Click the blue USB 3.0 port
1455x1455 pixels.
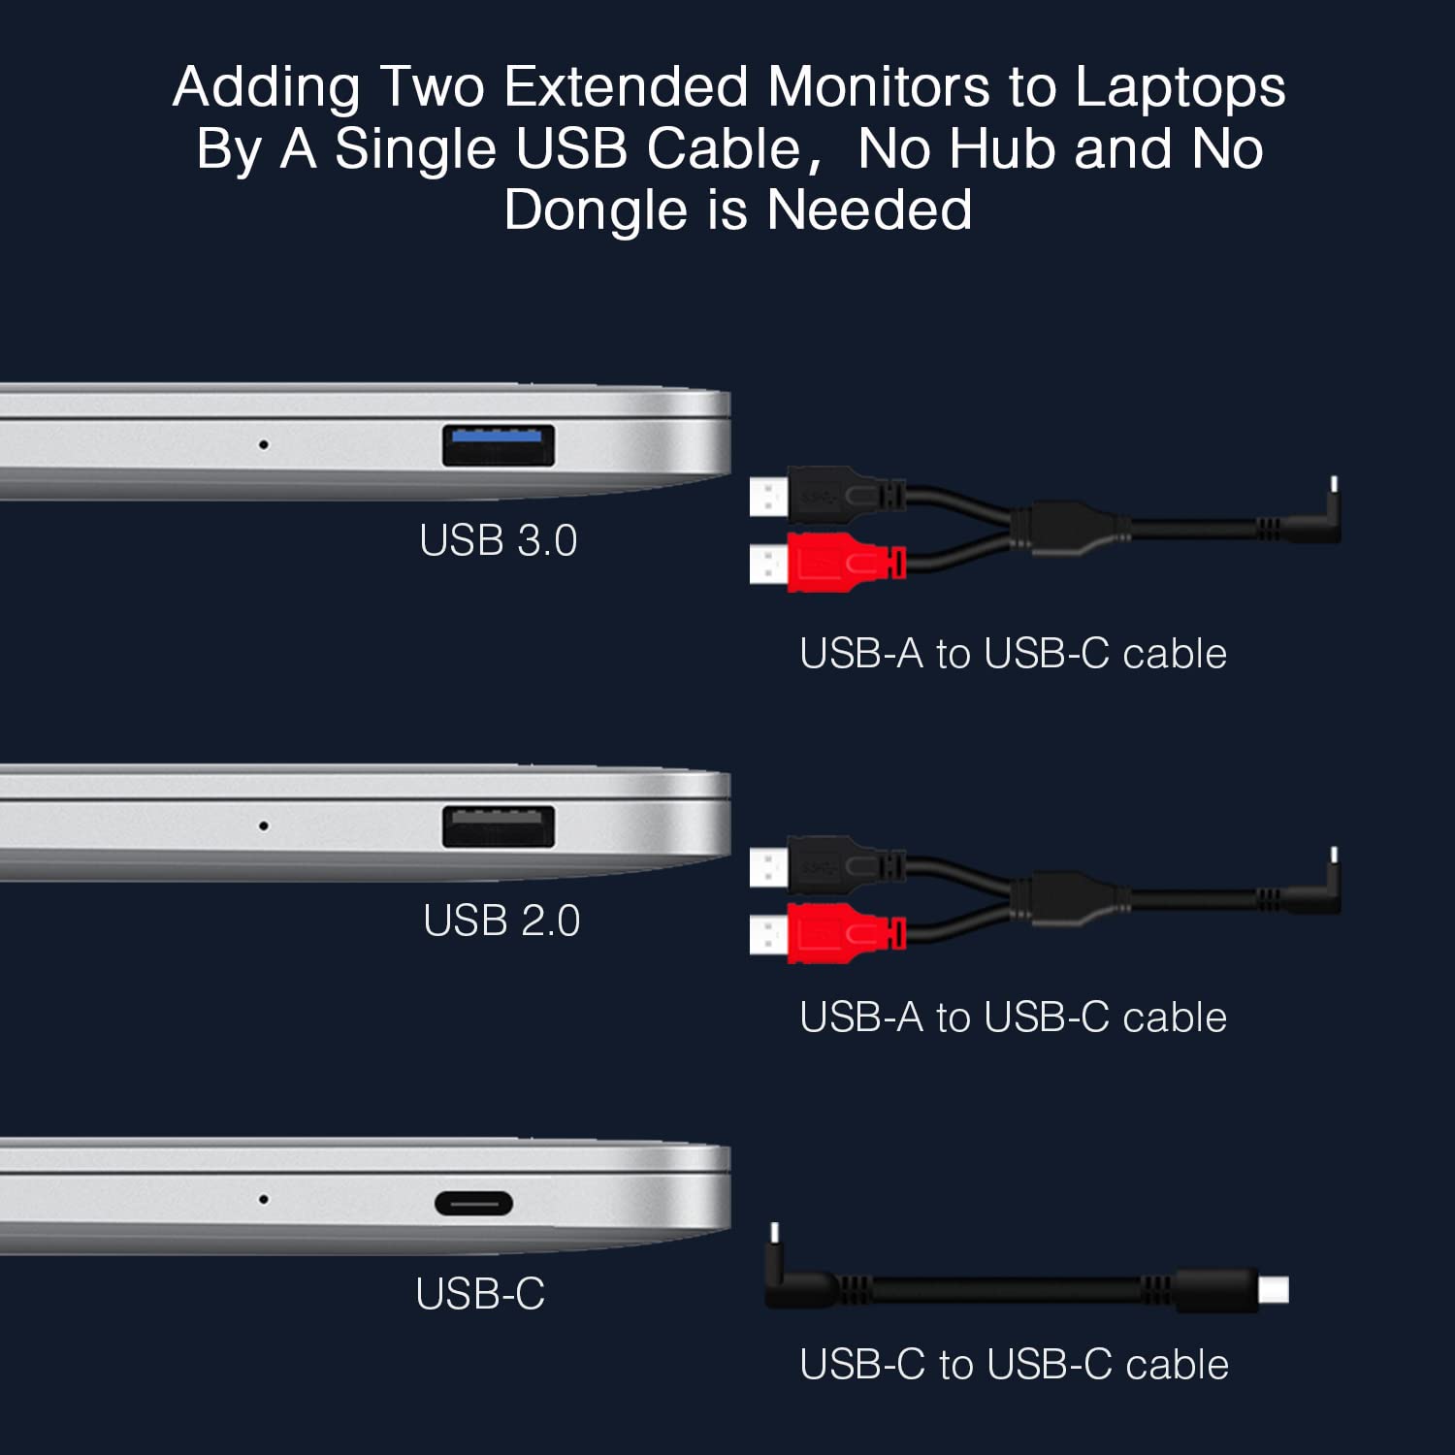(499, 445)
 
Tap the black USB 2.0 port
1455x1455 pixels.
(499, 826)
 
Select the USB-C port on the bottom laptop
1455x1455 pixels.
(473, 1204)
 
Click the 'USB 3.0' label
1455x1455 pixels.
(499, 540)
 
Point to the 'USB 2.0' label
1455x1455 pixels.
(501, 921)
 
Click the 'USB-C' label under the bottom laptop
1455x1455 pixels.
(480, 1293)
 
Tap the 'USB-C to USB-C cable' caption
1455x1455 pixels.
(1014, 1365)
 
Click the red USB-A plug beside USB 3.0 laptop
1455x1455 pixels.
(827, 562)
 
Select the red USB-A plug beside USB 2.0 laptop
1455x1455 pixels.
(827, 933)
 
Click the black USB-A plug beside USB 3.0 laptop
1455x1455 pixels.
(827, 496)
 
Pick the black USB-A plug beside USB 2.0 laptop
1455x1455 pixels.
(827, 866)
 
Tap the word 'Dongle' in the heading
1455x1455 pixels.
(596, 211)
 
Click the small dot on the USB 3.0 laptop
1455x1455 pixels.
(263, 445)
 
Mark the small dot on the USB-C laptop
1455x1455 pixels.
(263, 1200)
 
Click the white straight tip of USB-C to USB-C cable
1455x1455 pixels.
(1274, 1290)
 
